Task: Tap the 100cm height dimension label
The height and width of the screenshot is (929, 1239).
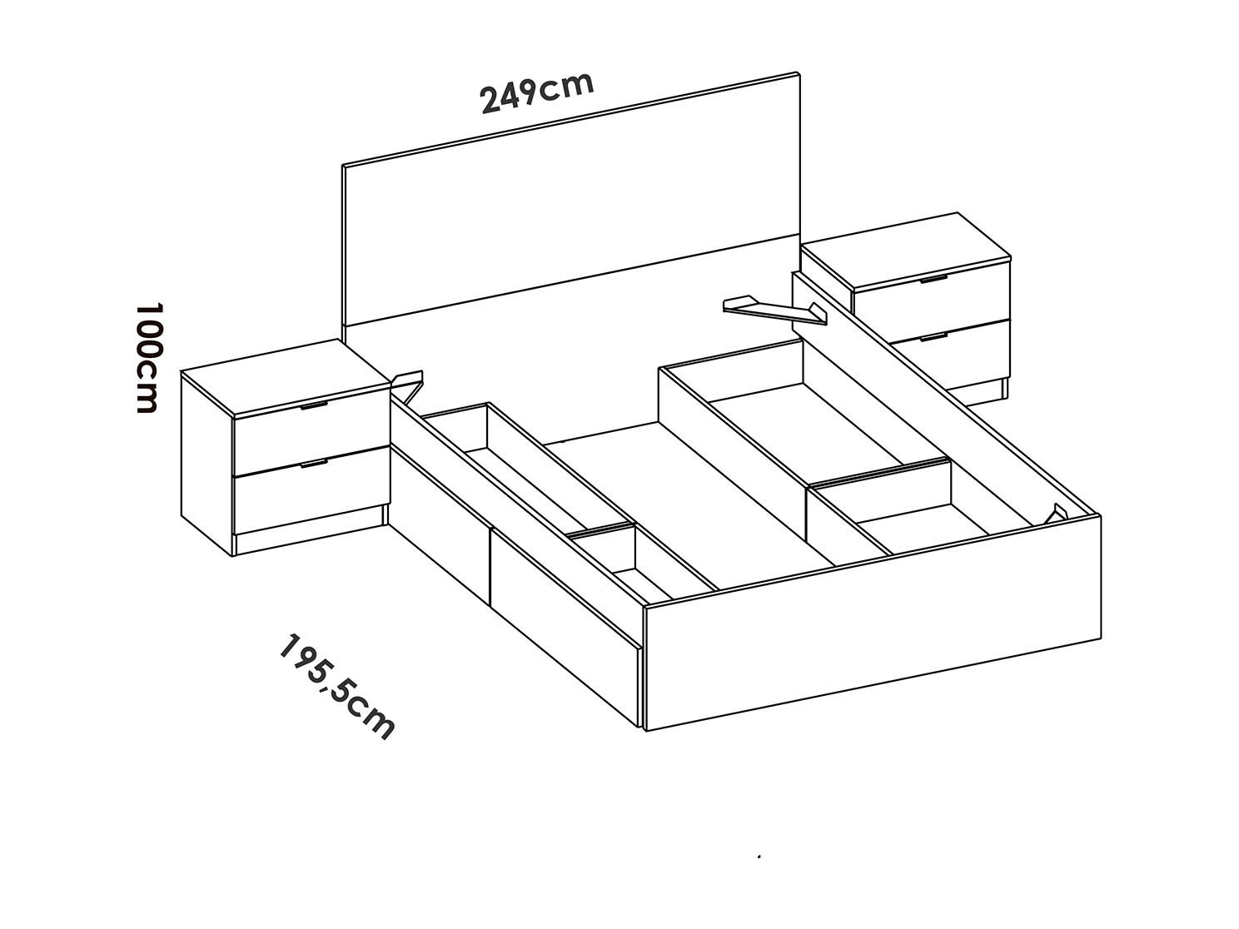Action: click(149, 358)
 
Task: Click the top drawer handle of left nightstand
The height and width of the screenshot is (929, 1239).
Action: click(314, 405)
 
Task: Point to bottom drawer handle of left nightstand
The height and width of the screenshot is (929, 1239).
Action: click(314, 464)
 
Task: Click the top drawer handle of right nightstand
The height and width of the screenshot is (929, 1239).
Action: click(933, 279)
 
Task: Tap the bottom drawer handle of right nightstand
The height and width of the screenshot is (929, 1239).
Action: click(933, 337)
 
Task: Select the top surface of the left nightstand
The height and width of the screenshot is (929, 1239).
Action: click(286, 377)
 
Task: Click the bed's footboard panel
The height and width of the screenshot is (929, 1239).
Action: click(873, 623)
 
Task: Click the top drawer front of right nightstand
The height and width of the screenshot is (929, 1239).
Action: click(932, 306)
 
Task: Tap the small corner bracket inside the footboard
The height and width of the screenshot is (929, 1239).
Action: click(1055, 514)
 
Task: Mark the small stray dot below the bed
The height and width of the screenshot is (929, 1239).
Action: click(759, 857)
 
